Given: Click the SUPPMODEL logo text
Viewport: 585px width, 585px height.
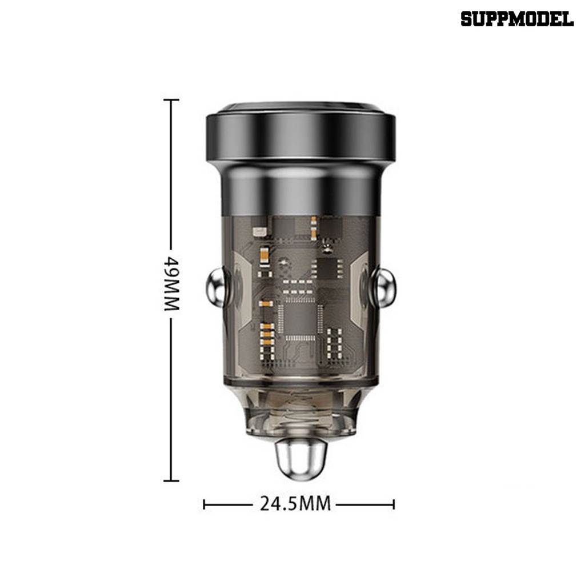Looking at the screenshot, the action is (x=517, y=19).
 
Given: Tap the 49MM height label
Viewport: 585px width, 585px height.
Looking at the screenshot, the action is (x=172, y=283).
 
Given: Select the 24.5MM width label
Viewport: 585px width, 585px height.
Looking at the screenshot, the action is (x=295, y=503).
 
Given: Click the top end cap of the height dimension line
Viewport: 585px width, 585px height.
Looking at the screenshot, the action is (x=171, y=100).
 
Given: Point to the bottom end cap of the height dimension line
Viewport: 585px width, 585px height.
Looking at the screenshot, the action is (x=171, y=481).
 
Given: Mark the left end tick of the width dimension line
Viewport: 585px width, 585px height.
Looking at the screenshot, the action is (x=204, y=505).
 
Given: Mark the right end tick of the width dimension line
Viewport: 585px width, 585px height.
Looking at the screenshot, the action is (x=394, y=505).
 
